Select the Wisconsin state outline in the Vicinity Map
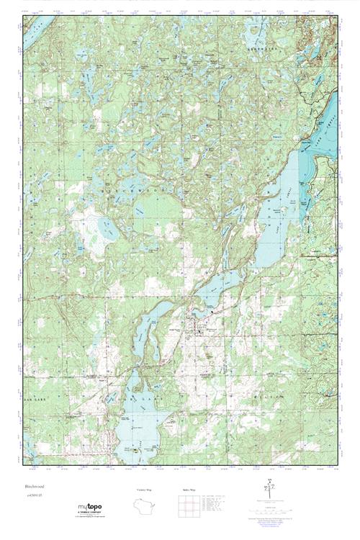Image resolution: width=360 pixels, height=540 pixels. pyautogui.click(x=147, y=504)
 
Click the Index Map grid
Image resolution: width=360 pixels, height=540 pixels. pyautogui.click(x=188, y=504)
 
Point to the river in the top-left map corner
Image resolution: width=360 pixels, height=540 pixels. pyautogui.click(x=32, y=36)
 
